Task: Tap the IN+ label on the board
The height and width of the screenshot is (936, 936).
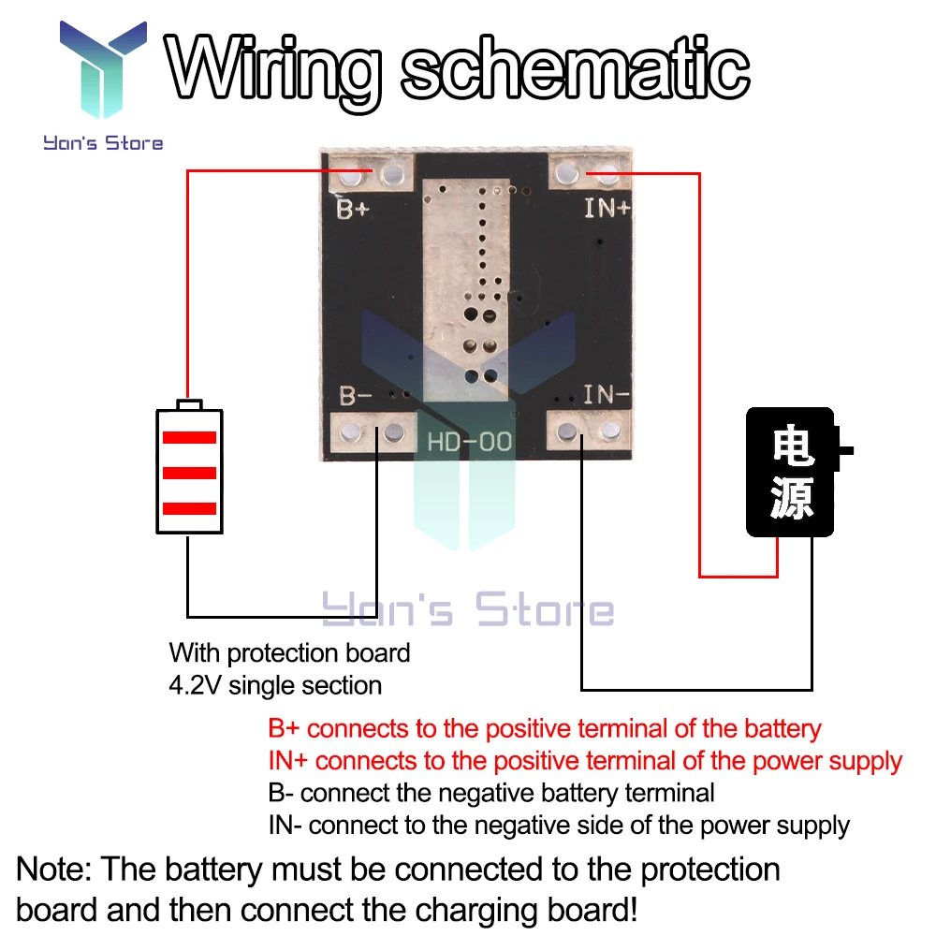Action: coord(607,208)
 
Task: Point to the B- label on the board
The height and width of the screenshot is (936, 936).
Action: coord(355,396)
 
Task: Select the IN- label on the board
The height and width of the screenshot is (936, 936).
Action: coord(607,396)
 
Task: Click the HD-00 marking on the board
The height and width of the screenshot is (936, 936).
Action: coord(470,440)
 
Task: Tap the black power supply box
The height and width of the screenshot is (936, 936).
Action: coord(790,472)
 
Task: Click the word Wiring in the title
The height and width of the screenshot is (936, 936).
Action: coord(278,67)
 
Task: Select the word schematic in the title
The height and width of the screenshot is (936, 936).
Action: coord(575,67)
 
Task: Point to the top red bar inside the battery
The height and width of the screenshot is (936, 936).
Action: coord(189,437)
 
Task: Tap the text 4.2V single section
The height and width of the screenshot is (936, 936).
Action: coord(275,685)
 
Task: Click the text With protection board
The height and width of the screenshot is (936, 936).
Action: coord(289,652)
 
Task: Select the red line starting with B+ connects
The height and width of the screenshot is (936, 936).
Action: coord(544,728)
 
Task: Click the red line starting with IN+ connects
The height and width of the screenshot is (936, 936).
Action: coord(585,761)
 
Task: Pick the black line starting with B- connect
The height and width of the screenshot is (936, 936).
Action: coord(490,793)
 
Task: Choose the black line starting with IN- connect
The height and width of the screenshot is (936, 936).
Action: coord(558,826)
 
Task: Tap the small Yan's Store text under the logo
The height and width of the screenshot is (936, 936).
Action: coord(103,143)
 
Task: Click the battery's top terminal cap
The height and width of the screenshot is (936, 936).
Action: coord(189,404)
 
